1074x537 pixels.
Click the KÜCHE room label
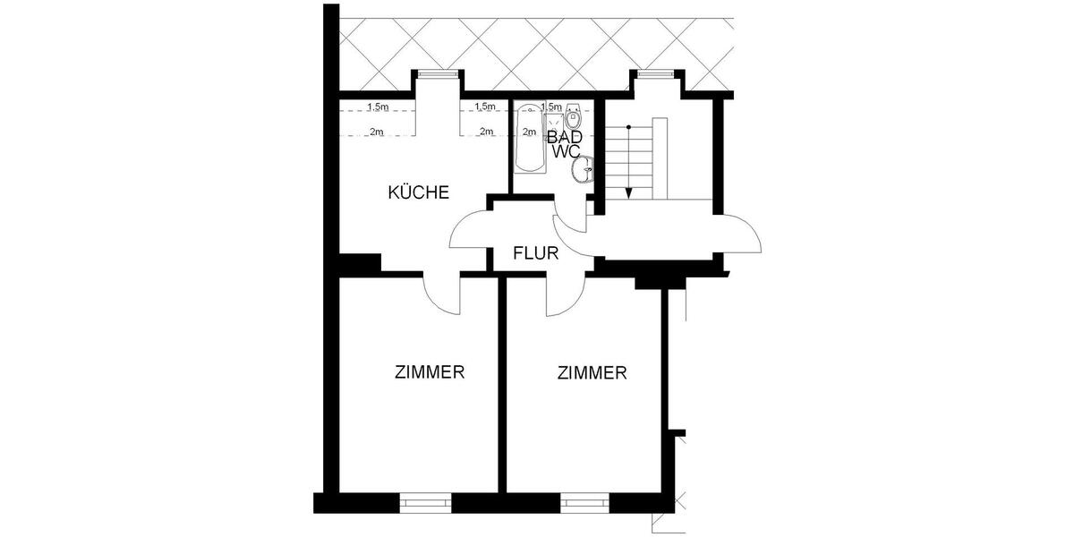coord(418,192)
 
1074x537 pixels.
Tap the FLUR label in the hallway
coord(536,252)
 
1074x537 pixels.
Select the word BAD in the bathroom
coord(572,137)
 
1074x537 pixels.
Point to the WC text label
coord(567,152)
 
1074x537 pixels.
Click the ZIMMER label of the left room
coord(430,373)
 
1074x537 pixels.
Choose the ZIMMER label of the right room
coord(591,373)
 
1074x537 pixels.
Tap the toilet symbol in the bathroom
coord(574,115)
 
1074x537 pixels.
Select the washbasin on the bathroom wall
coord(585,170)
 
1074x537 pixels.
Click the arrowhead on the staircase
coord(629,190)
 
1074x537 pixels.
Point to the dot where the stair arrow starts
coord(629,128)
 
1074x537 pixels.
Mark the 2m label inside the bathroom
coord(529,132)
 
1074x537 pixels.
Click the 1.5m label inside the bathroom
coord(552,107)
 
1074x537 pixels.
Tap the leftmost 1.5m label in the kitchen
coord(378,107)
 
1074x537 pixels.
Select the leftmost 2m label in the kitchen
coord(378,132)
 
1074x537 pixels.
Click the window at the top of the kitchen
coord(437,74)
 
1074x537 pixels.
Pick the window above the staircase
coord(657,74)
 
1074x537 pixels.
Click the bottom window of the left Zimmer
coord(425,503)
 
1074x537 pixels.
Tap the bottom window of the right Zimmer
coord(586,503)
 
